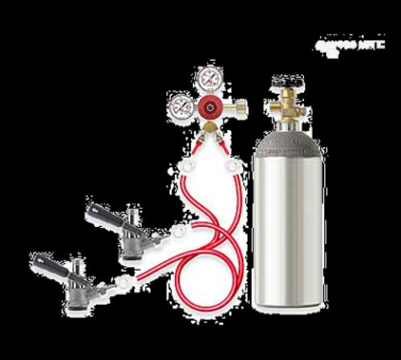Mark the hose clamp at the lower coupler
122,281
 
